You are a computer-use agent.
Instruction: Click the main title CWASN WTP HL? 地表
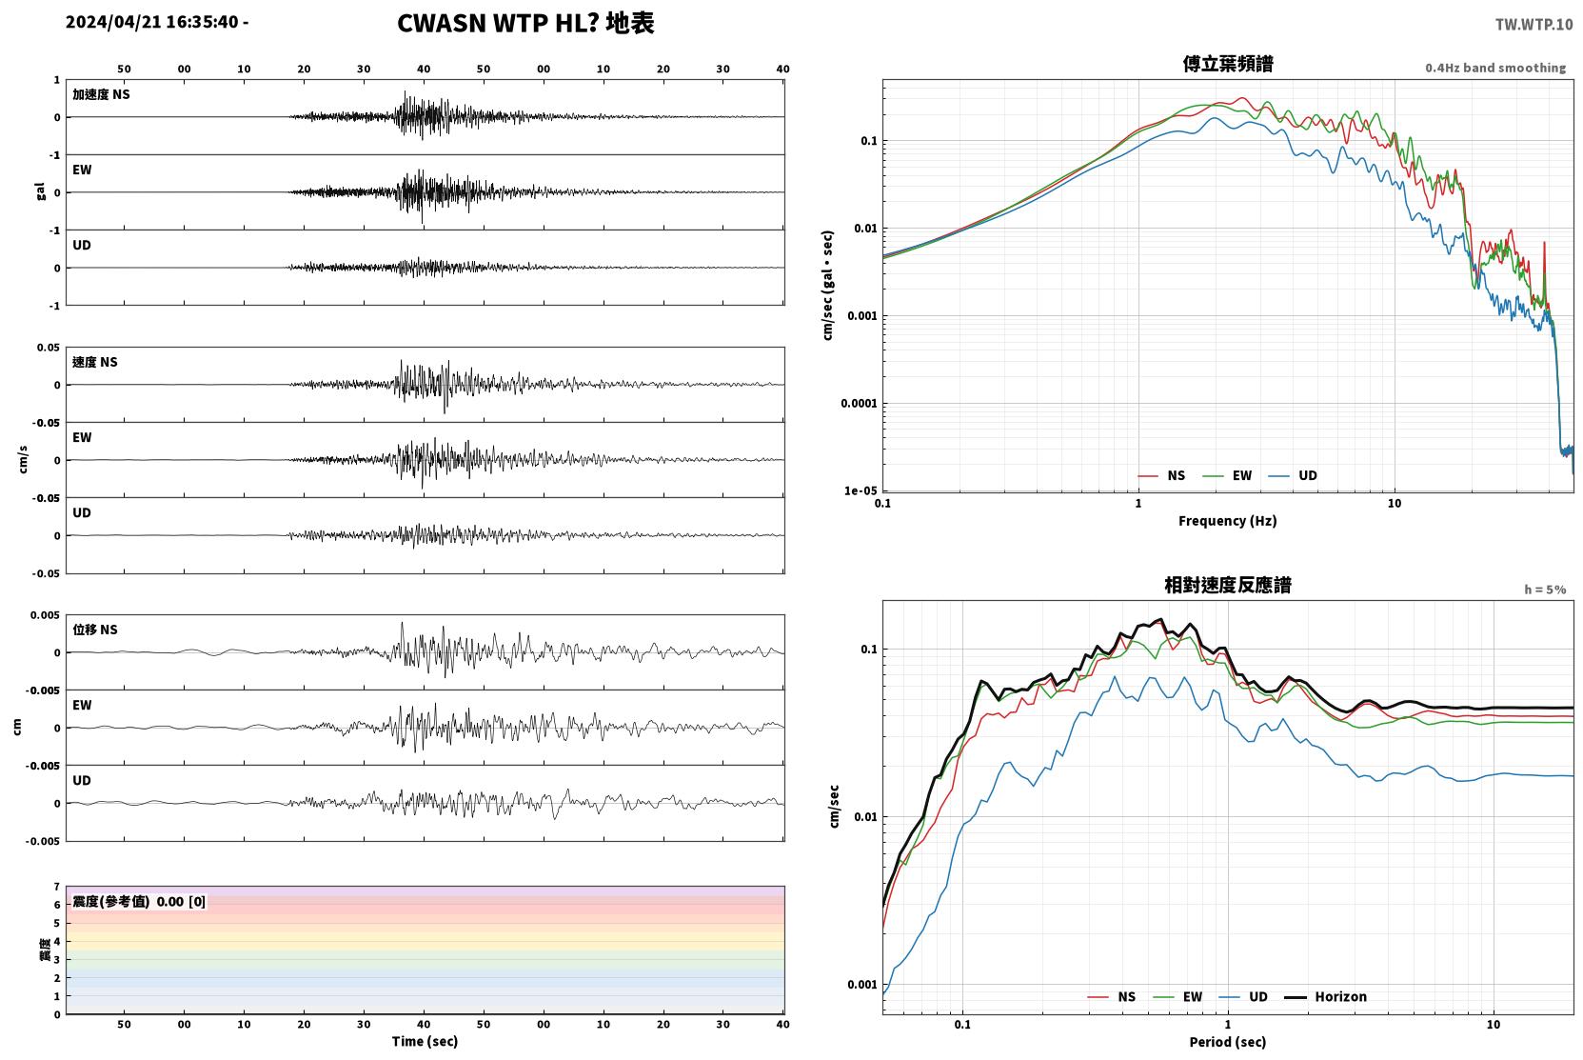tap(525, 24)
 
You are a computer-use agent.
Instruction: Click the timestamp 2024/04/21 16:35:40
tap(152, 22)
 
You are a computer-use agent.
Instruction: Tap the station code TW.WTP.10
tap(1534, 25)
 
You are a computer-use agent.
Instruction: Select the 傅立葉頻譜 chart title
tap(1228, 65)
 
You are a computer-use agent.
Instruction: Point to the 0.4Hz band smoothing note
tap(1495, 68)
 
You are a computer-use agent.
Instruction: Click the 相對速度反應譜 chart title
tap(1228, 586)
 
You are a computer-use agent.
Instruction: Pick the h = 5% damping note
tap(1545, 590)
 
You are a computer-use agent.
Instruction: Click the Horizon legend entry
tap(1325, 997)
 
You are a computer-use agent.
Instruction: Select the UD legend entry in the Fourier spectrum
tap(1293, 476)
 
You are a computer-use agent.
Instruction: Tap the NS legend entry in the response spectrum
tap(1112, 997)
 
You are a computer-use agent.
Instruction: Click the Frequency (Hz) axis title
tap(1228, 521)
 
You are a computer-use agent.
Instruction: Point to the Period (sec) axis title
tap(1228, 1042)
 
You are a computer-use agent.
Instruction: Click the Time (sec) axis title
tap(425, 1042)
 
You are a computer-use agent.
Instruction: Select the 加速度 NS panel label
tap(101, 94)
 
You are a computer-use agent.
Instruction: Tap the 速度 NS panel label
tap(94, 363)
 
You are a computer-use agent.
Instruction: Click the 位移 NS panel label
tap(94, 630)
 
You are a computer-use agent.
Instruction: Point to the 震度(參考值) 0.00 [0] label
tap(139, 902)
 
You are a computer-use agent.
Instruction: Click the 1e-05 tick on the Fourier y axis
tap(861, 490)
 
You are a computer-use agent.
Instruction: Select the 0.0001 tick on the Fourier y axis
tap(859, 404)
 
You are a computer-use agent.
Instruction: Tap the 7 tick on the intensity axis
tap(57, 887)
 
